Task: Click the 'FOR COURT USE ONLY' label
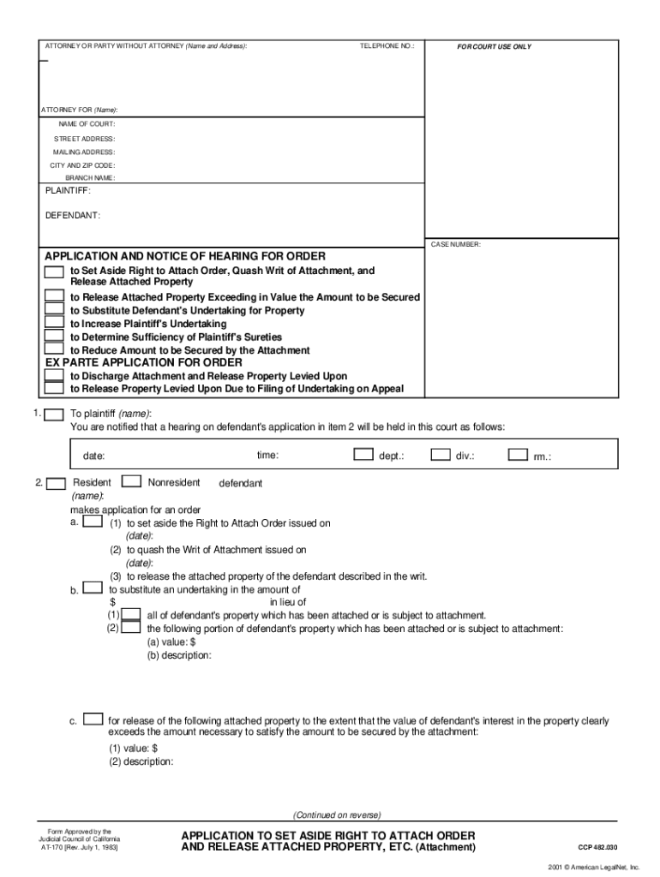(x=494, y=46)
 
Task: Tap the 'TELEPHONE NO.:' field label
(x=387, y=45)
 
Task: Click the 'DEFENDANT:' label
(x=72, y=215)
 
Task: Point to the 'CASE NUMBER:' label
(x=455, y=244)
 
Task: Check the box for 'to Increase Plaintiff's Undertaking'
(x=54, y=323)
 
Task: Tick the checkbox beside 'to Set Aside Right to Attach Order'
(x=54, y=271)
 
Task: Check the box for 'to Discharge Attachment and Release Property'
(x=54, y=375)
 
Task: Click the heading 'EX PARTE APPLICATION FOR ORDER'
(x=143, y=362)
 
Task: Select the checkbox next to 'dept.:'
(x=363, y=455)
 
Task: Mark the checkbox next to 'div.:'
(x=441, y=455)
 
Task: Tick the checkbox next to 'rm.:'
(x=518, y=455)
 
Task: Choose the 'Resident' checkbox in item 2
(x=56, y=483)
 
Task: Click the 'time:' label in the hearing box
(x=267, y=456)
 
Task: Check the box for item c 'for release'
(x=94, y=719)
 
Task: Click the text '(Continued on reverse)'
(x=337, y=814)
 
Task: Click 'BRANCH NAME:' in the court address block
(x=90, y=177)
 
